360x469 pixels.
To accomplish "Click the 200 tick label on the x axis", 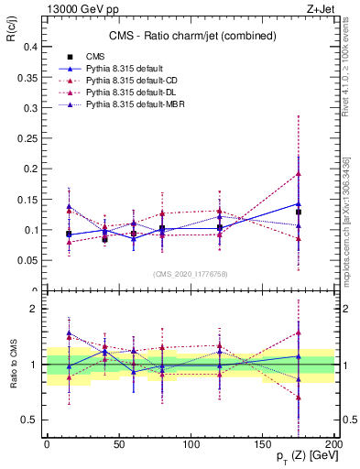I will [x=334, y=442].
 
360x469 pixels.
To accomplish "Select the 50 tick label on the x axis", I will [x=118, y=442].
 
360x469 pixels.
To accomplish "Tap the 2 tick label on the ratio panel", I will [x=34, y=309].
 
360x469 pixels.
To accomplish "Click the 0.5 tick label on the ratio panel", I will [x=29, y=420].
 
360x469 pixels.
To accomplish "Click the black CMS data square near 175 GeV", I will [x=299, y=212].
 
